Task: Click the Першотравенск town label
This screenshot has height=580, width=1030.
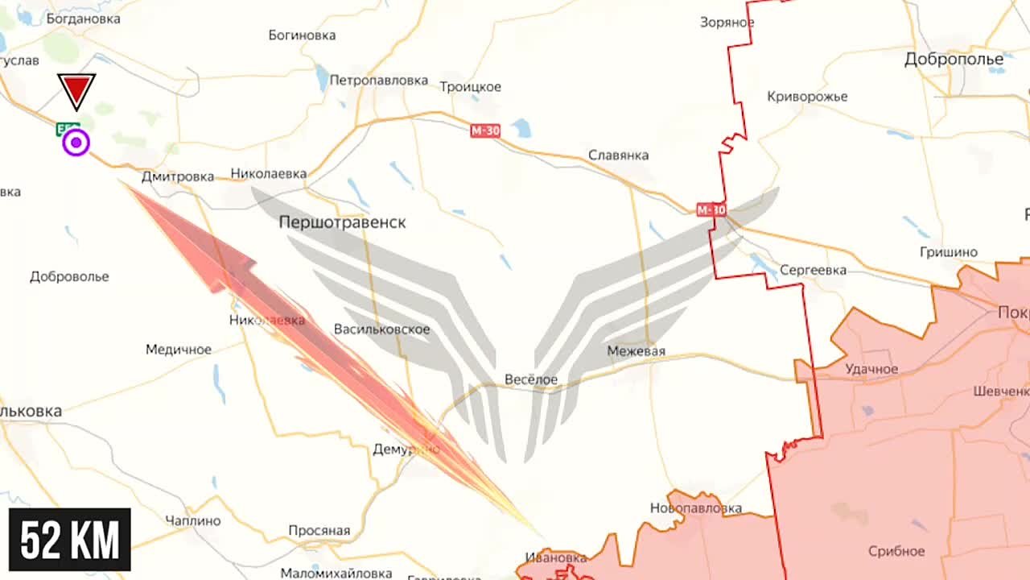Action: click(342, 222)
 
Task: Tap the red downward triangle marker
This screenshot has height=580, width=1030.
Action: click(76, 89)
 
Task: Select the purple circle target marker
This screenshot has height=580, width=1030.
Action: click(76, 143)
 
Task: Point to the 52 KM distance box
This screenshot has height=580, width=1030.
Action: click(70, 540)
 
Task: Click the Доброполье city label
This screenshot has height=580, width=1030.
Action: click(954, 59)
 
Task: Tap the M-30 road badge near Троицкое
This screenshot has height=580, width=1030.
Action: click(485, 130)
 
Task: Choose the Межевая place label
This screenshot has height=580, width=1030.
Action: click(636, 351)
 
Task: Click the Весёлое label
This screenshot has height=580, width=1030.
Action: click(531, 379)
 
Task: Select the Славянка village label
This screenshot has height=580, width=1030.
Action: click(618, 155)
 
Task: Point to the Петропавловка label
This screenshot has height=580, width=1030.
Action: click(378, 81)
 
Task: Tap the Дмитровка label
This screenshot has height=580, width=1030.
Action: click(178, 176)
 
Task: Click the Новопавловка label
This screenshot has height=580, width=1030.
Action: click(696, 508)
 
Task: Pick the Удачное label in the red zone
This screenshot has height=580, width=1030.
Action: click(871, 369)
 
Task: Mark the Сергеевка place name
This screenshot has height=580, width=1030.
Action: click(813, 271)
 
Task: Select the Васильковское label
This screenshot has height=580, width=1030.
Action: click(381, 329)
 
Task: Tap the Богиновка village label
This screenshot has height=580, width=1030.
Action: click(302, 35)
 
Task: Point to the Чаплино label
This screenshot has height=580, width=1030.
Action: click(192, 520)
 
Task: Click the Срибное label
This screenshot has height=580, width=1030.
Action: click(896, 552)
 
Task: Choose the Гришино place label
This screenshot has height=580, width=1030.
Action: click(949, 253)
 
